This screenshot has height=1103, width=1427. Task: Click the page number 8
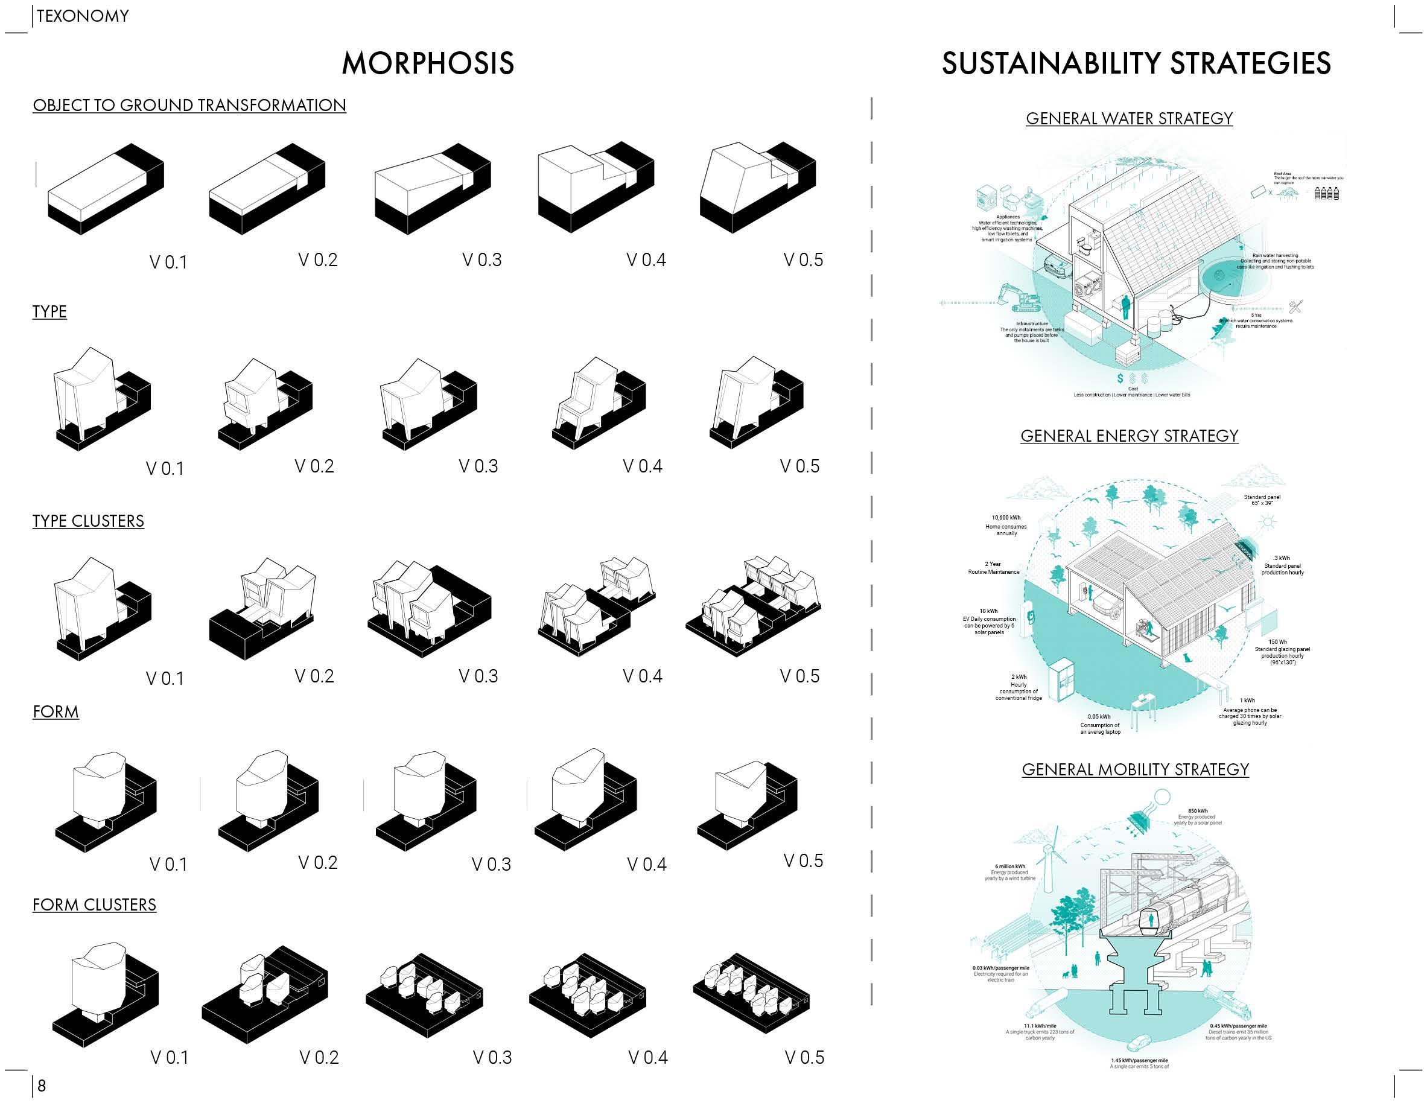click(x=42, y=1086)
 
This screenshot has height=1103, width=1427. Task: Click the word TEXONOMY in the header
click(x=83, y=16)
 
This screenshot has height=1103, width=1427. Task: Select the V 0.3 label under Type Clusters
click(x=478, y=676)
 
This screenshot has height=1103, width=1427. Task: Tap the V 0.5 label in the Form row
click(x=803, y=860)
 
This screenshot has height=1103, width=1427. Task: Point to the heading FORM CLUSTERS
click(x=95, y=904)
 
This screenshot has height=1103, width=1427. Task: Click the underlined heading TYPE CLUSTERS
click(x=88, y=521)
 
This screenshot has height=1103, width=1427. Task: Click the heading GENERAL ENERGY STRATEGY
click(x=1129, y=436)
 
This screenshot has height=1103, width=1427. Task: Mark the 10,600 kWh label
click(x=1006, y=518)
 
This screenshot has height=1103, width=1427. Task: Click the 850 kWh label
click(x=1198, y=811)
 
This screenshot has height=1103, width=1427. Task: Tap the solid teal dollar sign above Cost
click(x=1120, y=378)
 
